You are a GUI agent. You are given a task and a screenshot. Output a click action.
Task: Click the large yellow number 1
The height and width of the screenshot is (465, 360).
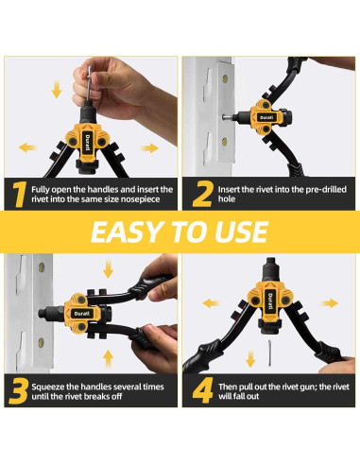19,194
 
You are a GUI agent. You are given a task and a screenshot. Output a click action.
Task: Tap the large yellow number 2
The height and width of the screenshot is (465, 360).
202,194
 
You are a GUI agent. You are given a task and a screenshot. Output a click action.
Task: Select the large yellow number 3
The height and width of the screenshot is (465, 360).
19,391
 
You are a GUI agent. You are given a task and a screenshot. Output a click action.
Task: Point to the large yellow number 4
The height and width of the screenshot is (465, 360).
203,390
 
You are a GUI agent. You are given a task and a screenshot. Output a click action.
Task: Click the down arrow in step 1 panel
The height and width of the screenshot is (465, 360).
57,89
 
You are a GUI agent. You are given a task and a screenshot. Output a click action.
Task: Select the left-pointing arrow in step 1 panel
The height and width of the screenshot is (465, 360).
27,147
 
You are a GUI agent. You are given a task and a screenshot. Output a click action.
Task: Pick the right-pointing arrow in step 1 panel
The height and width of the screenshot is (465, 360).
149,147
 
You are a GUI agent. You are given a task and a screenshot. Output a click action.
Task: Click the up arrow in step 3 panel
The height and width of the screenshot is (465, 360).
108,358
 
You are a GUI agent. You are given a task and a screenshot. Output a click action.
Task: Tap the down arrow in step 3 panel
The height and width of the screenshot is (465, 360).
108,268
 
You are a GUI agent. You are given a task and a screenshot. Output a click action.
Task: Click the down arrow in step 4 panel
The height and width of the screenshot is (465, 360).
250,359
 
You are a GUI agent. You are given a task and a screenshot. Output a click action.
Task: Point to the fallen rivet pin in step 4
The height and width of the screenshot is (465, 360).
270,353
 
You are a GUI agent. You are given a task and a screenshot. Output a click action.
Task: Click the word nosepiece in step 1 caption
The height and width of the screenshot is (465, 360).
141,199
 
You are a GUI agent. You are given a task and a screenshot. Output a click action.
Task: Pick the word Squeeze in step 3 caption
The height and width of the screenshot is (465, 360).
47,387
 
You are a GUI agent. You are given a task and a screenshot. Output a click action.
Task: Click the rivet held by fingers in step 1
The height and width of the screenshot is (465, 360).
90,84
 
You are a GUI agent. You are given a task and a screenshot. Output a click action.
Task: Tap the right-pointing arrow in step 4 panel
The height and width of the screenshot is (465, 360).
330,303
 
